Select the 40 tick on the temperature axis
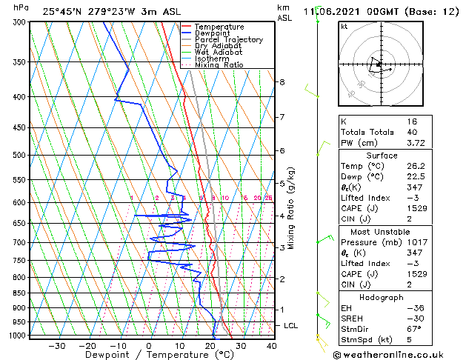point(272,345)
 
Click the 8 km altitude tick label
point(282,81)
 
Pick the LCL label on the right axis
point(291,325)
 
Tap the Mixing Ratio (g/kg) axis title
point(292,208)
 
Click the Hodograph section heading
point(382,297)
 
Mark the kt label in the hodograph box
point(344,26)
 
